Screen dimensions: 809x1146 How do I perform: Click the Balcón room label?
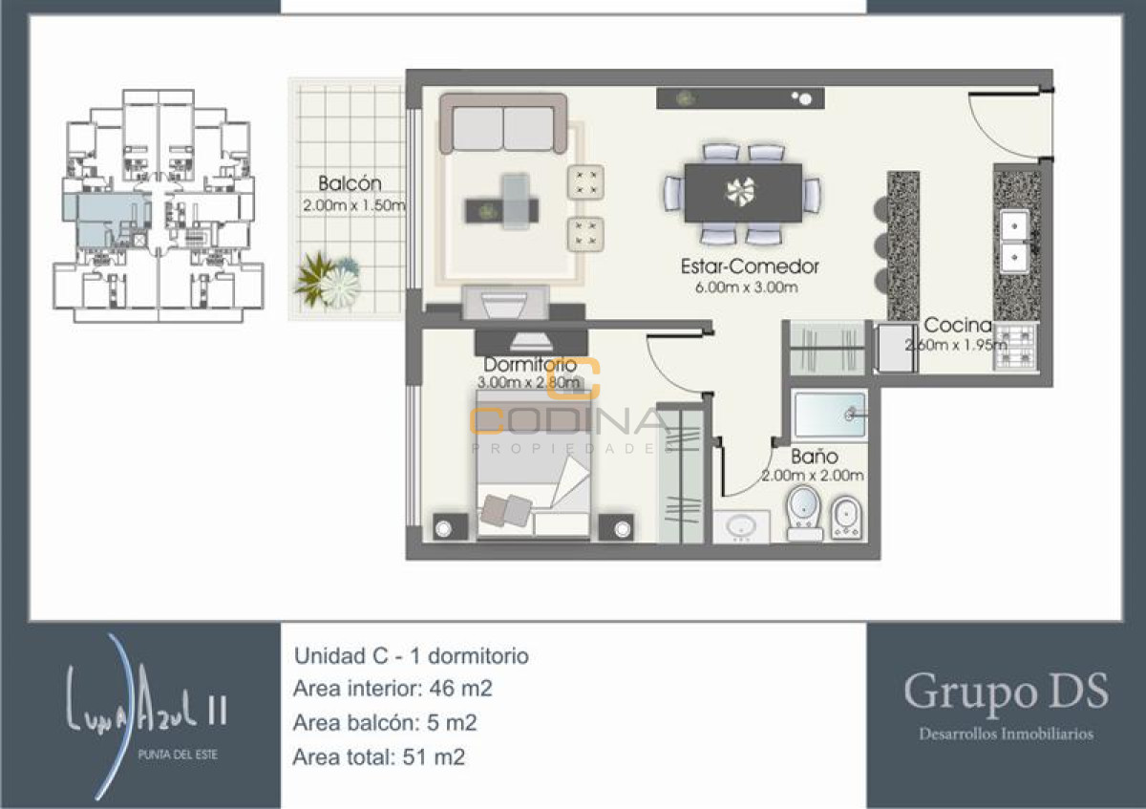tap(350, 183)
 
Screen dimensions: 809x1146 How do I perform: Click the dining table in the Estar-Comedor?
tap(742, 192)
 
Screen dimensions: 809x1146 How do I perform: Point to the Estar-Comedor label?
tap(750, 267)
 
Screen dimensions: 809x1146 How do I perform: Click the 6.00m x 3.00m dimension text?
tap(741, 287)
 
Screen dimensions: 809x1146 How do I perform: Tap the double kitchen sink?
tap(1012, 240)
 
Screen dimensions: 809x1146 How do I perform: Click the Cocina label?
tap(956, 325)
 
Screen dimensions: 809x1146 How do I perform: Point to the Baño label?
tap(814, 457)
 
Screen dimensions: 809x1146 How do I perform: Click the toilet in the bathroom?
tap(804, 514)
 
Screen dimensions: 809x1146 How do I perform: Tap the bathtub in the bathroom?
tap(830, 414)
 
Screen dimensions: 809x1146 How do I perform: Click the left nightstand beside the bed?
tap(449, 526)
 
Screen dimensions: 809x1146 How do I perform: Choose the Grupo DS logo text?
tap(1006, 692)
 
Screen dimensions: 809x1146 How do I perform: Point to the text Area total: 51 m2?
tap(380, 757)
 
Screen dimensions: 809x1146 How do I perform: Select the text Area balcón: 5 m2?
tap(385, 723)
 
